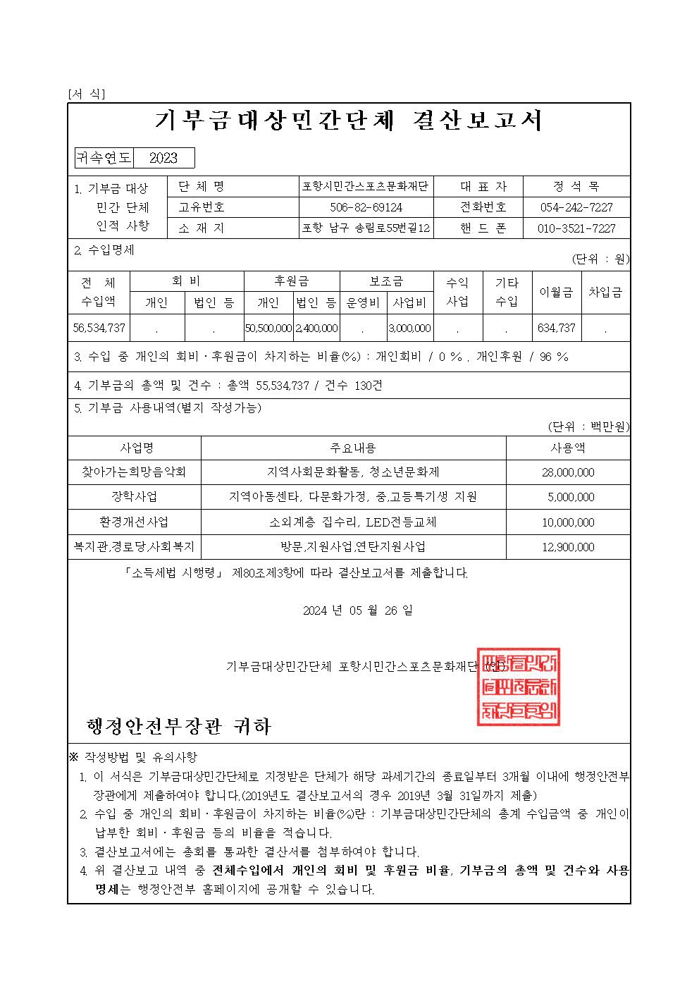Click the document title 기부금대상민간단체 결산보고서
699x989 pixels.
tap(349, 121)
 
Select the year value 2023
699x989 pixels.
tap(163, 158)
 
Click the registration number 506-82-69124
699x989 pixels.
tap(366, 208)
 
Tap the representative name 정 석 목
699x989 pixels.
tap(576, 187)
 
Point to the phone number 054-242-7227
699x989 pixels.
tap(576, 208)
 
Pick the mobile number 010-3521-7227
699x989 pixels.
tap(576, 228)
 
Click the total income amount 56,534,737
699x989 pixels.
tap(99, 328)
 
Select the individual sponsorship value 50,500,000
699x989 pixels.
tap(268, 328)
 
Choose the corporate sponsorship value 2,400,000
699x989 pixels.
tap(316, 328)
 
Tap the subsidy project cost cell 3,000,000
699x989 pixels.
tap(409, 328)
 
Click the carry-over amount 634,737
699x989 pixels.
tap(556, 328)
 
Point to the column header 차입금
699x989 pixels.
tap(605, 292)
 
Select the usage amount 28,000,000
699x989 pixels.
tap(568, 472)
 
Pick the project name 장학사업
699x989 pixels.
tap(134, 496)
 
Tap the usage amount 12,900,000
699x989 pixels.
tap(568, 547)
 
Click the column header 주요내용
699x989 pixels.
tap(353, 448)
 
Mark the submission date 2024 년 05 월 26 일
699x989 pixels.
tap(358, 610)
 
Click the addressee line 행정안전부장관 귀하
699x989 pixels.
tap(178, 726)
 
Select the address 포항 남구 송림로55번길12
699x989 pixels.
tap(366, 228)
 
